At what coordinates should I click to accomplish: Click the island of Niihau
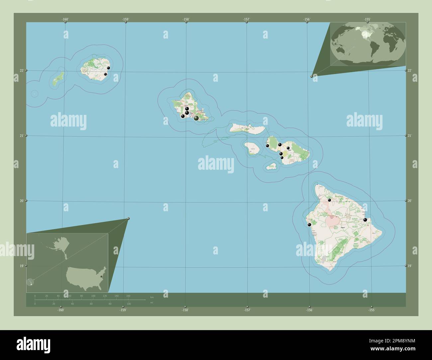pos(58,79)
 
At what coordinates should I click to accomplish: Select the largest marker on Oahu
pos(196,118)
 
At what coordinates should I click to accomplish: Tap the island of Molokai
pos(248,128)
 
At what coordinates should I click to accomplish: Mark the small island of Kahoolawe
pos(272,166)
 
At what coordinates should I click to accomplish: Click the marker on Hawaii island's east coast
pos(365,220)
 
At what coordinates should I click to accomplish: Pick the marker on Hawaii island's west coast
pos(310,225)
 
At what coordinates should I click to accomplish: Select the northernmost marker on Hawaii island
pos(329,200)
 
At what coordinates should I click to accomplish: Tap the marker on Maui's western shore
pos(267,145)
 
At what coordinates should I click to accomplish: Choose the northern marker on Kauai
pos(108,68)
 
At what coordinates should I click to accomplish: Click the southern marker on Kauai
pos(105,74)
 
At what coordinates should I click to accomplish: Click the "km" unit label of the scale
pos(152,297)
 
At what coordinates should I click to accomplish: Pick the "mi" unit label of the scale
pos(152,302)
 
